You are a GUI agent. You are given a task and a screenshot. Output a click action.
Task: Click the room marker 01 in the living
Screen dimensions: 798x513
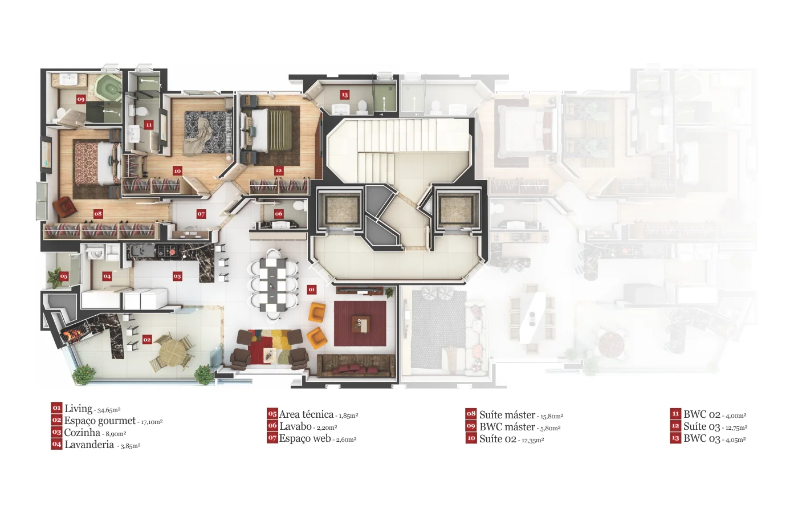(312, 290)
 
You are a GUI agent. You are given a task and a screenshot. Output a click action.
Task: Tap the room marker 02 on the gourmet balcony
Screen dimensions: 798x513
(147, 340)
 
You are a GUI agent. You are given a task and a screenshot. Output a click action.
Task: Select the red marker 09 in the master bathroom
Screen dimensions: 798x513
(81, 99)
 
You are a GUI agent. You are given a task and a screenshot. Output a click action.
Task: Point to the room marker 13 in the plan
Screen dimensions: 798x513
(344, 95)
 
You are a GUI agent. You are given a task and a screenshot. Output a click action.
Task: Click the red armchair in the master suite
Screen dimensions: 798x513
(64, 207)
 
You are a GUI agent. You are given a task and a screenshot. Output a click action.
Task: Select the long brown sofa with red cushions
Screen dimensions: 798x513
(356, 366)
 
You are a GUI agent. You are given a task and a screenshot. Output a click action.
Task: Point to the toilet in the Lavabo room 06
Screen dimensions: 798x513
(300, 206)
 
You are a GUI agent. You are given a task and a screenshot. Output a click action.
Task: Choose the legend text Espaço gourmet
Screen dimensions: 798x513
(100, 421)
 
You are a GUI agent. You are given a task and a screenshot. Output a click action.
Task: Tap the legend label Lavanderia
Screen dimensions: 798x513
(89, 445)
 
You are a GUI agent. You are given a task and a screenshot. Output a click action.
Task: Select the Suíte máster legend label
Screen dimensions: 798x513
(507, 415)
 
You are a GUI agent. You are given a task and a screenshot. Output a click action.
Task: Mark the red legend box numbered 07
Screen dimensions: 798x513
(272, 438)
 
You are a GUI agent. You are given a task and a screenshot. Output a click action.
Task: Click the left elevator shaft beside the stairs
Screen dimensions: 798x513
(339, 211)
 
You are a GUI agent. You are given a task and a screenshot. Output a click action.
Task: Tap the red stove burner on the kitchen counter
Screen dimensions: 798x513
(172, 252)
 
